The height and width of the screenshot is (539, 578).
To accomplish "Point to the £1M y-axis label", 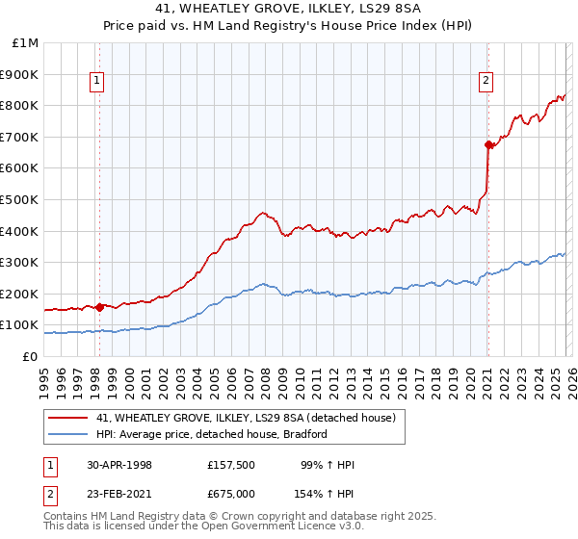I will (x=25, y=43).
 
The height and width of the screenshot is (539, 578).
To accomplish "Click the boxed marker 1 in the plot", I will (x=98, y=82).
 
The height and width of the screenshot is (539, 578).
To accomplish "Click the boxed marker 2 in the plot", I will (x=486, y=82).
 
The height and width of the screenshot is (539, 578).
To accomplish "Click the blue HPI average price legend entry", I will (x=212, y=434).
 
